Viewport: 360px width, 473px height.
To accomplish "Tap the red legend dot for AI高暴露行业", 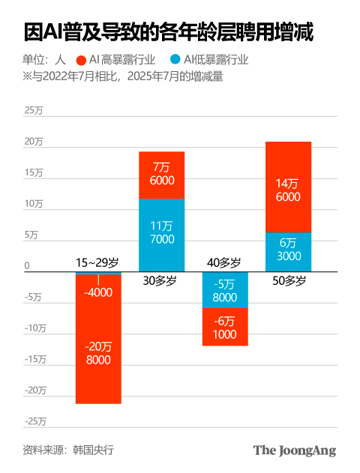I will [x=80, y=60].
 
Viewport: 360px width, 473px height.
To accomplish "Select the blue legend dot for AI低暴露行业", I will [x=175, y=60].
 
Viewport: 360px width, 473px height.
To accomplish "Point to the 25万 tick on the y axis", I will [x=34, y=111].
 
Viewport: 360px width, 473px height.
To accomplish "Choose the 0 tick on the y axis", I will [x=26, y=265].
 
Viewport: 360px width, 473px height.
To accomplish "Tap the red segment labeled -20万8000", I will [x=98, y=352].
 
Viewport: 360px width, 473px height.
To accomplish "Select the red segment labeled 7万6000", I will [x=162, y=175].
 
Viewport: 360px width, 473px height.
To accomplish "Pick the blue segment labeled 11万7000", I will [x=162, y=232].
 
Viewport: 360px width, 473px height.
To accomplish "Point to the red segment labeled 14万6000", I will [x=289, y=187].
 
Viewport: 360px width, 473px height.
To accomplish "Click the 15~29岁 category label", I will [x=97, y=263].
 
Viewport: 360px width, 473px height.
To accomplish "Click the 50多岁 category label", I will [x=288, y=281].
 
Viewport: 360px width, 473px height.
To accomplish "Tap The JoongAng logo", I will [x=294, y=451].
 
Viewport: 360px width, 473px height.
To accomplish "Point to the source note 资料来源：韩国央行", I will [x=68, y=450].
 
